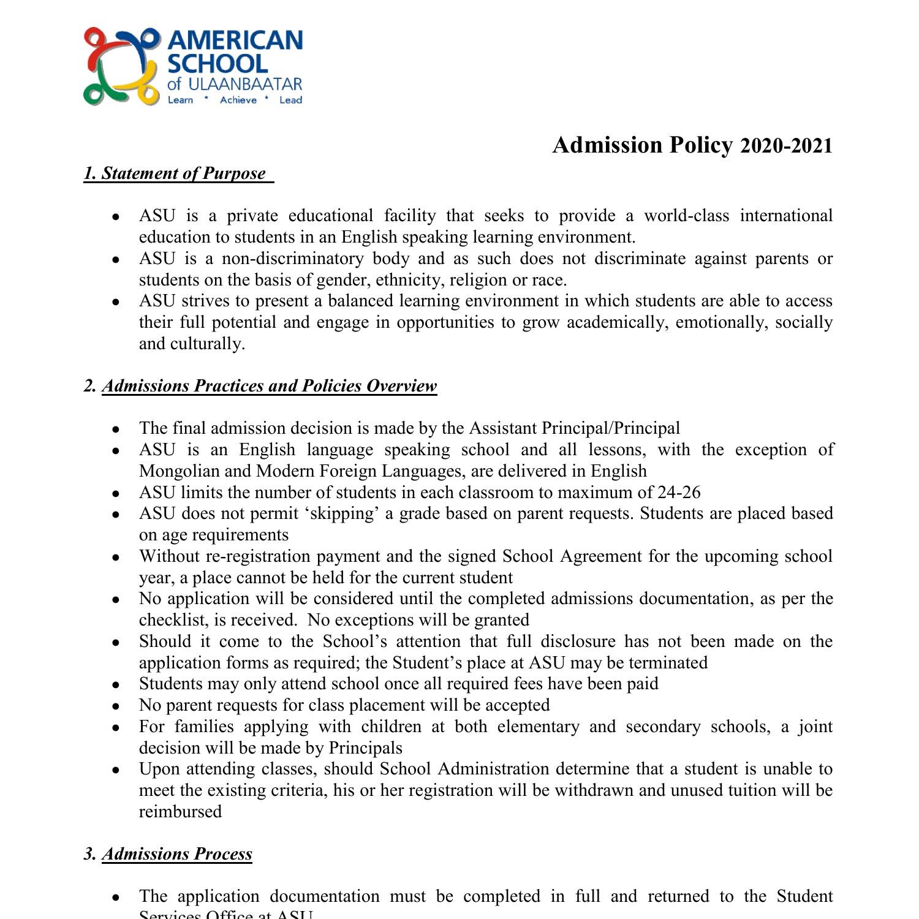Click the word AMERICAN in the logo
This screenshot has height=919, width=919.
[235, 40]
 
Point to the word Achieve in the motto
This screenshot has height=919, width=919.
[238, 100]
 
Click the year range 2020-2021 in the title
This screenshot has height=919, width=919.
[786, 146]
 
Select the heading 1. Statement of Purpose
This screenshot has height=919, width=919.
[178, 173]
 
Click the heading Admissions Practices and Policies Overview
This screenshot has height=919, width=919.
[269, 386]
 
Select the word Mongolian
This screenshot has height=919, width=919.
[178, 471]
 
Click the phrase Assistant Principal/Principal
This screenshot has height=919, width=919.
[574, 428]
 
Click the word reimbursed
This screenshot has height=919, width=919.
[180, 812]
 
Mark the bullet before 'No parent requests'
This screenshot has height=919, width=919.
[115, 706]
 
